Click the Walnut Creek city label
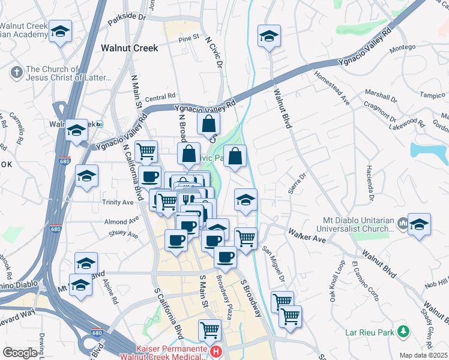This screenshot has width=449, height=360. pyautogui.click(x=129, y=48)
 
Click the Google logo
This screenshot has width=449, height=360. pyautogui.click(x=20, y=353)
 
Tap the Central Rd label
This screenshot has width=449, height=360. pyautogui.click(x=160, y=97)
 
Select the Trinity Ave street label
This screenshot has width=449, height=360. pyautogui.click(x=117, y=203)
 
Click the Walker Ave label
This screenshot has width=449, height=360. pyautogui.click(x=306, y=235)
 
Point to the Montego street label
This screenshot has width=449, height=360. pyautogui.click(x=402, y=47)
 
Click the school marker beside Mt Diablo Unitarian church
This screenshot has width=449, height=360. pyautogui.click(x=419, y=224)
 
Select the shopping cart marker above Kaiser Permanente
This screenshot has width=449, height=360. pyautogui.click(x=209, y=329)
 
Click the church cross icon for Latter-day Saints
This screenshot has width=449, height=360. pyautogui.click(x=16, y=73)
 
